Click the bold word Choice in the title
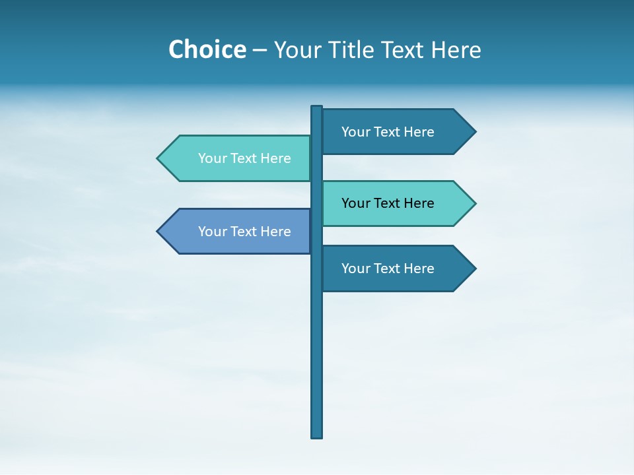point(207,50)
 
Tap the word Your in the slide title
point(298,50)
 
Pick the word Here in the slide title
point(456,50)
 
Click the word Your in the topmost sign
point(355,132)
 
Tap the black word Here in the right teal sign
point(419,203)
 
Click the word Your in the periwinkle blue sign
point(212,232)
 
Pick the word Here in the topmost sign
point(419,132)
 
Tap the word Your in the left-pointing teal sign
point(212,158)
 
